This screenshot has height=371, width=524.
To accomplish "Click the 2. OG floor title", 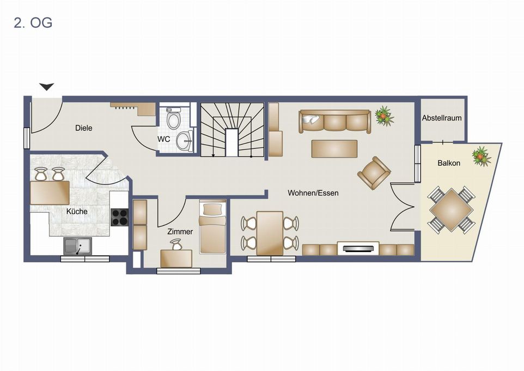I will [33, 23].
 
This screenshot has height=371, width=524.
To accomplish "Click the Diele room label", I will [83, 128].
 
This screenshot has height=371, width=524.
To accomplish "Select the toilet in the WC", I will [174, 119].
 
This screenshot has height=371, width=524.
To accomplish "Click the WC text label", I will [164, 139].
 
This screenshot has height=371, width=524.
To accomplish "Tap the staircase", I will [231, 129].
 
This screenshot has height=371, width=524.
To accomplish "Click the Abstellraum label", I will [442, 118].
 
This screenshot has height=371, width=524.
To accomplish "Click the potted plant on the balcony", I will [482, 156].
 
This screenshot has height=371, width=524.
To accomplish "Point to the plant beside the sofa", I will [385, 116].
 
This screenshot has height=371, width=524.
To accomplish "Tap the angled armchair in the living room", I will [374, 172].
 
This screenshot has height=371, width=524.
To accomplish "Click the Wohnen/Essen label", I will [313, 193].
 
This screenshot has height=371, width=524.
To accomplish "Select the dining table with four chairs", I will [270, 232].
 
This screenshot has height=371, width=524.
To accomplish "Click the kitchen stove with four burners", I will [120, 217].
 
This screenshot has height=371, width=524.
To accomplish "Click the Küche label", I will [77, 211].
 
